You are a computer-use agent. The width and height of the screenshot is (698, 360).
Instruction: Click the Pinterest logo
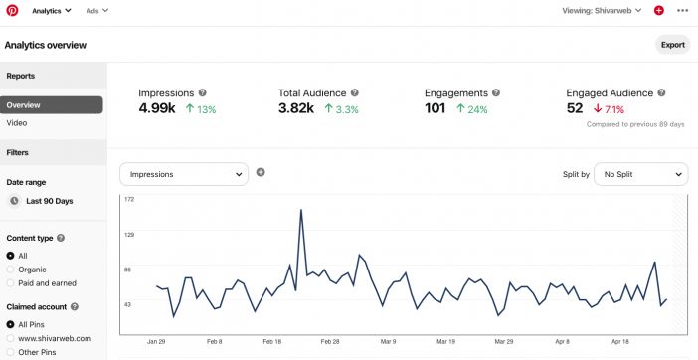coord(12,10)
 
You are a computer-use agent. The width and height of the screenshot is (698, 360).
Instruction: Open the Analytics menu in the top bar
coord(53,10)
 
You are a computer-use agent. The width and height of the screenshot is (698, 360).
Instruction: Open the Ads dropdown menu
coord(97,10)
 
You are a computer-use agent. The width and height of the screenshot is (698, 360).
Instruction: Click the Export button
coord(672,45)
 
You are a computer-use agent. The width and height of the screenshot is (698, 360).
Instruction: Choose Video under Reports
coord(17,123)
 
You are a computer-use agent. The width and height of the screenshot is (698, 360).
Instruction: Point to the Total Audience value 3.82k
coord(297,108)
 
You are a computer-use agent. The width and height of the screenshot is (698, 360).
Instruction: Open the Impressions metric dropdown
coord(183,174)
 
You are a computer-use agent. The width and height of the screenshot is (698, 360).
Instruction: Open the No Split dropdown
coord(640,174)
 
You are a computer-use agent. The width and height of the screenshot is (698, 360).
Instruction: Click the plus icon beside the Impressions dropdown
coord(261,172)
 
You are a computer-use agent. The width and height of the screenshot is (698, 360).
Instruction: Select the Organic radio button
coord(11,269)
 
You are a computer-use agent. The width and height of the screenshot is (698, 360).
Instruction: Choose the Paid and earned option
coord(11,283)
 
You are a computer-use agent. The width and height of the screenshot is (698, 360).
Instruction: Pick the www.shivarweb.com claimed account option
coord(11,338)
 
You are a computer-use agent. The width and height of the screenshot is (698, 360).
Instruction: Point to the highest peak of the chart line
coord(300,211)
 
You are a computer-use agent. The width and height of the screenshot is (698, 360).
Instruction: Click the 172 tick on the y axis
coord(129,199)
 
